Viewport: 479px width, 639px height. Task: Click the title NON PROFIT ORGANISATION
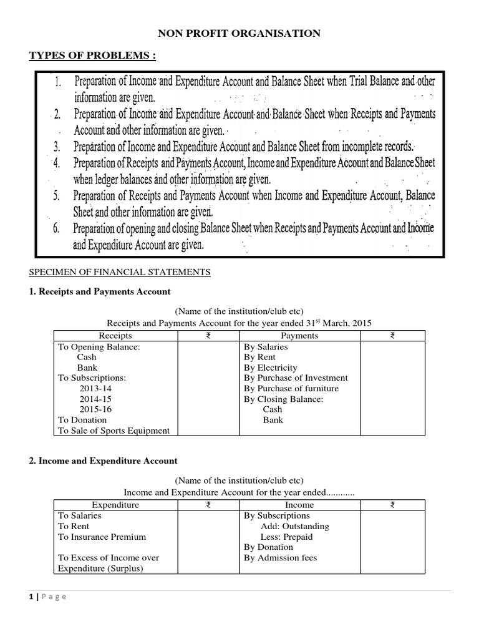pos(239,33)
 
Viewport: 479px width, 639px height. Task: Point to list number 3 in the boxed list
pos(57,147)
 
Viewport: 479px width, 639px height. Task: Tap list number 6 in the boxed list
pos(57,228)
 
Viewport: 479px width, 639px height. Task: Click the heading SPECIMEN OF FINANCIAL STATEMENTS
pos(120,272)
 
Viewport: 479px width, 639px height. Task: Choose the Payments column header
pos(299,336)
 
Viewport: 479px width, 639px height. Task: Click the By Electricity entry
pos(271,368)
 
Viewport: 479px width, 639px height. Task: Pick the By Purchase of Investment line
pos(296,378)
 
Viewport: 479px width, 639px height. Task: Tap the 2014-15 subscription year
pos(95,399)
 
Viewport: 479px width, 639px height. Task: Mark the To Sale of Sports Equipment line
pos(114,431)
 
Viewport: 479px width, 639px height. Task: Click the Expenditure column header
pos(115,505)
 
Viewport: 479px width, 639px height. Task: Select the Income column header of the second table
pos(299,505)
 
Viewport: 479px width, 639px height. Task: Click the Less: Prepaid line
pos(286,537)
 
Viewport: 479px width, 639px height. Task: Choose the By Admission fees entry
pos(280,558)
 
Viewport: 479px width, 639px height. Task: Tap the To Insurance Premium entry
pos(102,537)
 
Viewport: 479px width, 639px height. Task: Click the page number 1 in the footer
pos(31,597)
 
